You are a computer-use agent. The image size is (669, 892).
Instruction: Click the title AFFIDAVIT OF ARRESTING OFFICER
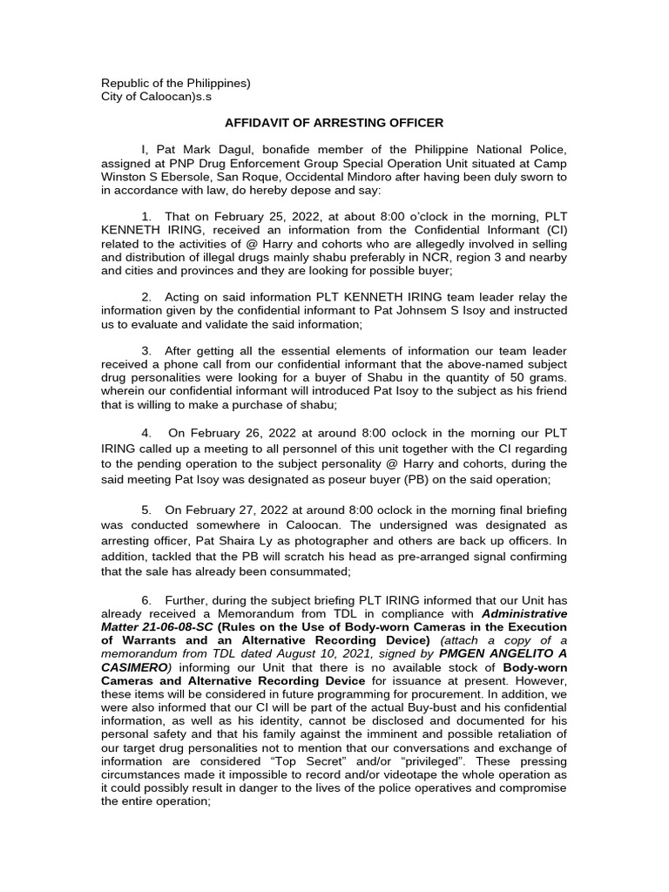point(334,123)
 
